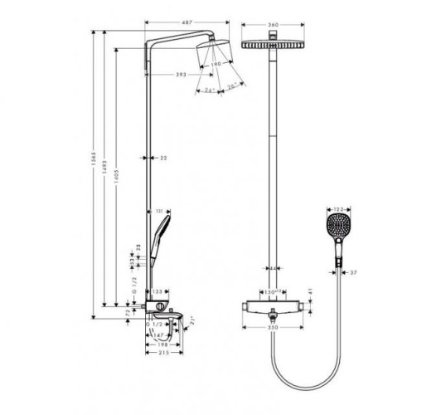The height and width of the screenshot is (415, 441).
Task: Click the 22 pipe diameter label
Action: (164, 157)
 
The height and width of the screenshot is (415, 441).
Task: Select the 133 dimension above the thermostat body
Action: (157, 292)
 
